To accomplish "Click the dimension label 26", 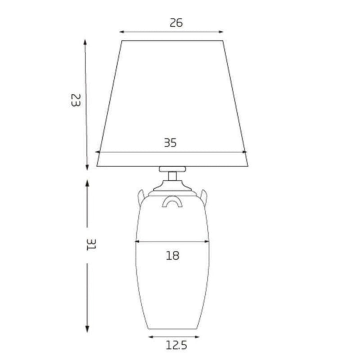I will (176, 22).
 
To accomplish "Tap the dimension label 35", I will (170, 142).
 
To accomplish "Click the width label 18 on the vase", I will (172, 256).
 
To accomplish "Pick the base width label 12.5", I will (175, 344).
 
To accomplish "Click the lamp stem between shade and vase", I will (172, 176).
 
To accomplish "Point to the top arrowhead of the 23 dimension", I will (85, 42).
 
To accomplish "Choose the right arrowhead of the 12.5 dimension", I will (197, 337).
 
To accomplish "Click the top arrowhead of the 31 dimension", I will (87, 183).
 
